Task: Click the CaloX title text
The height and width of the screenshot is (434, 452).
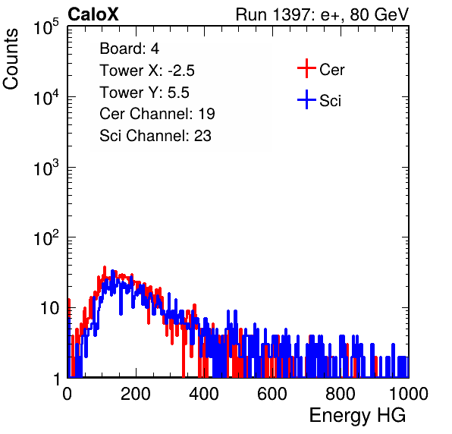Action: tap(93, 14)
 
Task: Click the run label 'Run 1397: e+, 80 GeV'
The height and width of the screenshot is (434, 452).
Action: tap(322, 14)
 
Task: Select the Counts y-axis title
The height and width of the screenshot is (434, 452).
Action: tap(11, 59)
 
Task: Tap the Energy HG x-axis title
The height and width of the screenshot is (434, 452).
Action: tap(357, 416)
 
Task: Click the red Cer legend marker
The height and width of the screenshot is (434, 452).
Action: tap(306, 68)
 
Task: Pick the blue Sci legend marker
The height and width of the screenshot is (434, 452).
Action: tap(306, 99)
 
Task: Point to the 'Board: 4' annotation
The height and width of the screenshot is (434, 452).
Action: tap(129, 49)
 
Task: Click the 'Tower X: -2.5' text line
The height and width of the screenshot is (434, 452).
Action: tap(147, 71)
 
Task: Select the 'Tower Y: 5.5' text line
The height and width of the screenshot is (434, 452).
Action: tap(144, 93)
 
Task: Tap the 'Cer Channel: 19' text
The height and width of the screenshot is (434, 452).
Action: tap(157, 114)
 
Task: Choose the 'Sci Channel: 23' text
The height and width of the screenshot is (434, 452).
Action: tap(155, 136)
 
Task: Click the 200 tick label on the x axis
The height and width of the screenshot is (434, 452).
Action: tap(136, 394)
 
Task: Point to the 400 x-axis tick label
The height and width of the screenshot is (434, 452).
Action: tap(204, 394)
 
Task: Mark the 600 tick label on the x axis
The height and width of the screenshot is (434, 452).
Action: tap(272, 394)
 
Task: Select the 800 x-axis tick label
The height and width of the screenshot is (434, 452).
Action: tap(341, 394)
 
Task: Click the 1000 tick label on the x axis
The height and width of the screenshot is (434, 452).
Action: tap(409, 394)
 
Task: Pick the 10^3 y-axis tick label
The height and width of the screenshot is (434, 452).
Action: tap(46, 168)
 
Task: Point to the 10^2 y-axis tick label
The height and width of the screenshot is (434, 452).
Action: tap(46, 237)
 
